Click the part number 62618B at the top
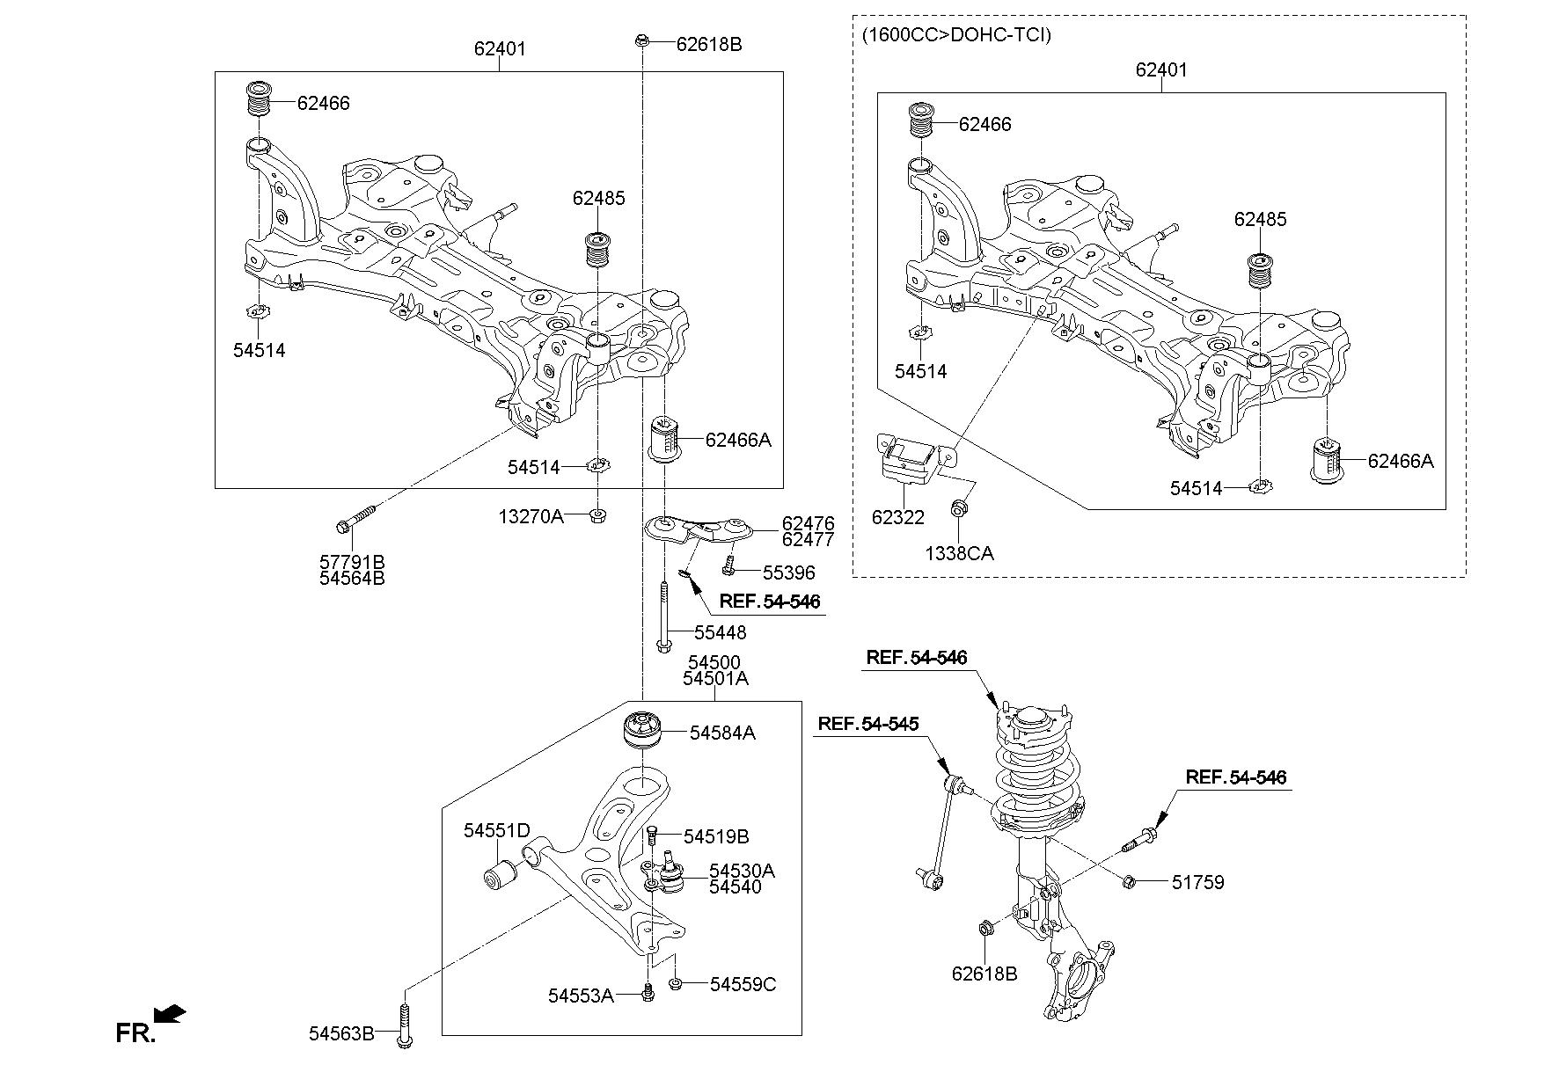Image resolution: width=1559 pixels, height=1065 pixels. [x=709, y=44]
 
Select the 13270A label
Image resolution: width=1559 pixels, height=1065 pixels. [x=531, y=516]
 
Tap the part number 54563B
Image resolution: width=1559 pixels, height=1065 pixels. [x=340, y=1034]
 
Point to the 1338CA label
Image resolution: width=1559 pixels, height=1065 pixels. [x=959, y=553]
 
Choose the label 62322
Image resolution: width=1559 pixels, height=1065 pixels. [x=897, y=517]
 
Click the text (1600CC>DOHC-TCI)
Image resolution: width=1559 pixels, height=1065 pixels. [x=956, y=35]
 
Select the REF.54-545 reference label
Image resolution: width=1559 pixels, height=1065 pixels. [x=867, y=724]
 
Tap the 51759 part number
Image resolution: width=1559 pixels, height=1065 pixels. [x=1197, y=881]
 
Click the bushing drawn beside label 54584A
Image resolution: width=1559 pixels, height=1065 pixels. [x=641, y=733]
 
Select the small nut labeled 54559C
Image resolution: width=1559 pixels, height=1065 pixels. [x=677, y=983]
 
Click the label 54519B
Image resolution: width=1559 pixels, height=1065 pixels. [x=716, y=836]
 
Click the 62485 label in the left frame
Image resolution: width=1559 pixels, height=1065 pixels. [x=598, y=199]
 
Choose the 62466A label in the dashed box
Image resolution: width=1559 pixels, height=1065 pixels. [x=1400, y=461]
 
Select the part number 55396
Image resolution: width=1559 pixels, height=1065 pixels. [x=788, y=573]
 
